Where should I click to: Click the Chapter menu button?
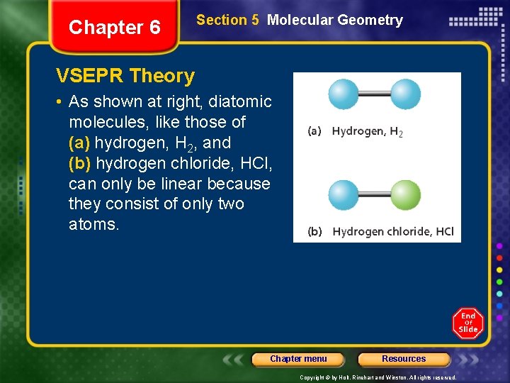[x=298, y=359]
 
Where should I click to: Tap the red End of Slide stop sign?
[x=468, y=323]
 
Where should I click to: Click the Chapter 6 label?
[x=114, y=28]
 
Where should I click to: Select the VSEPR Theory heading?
[x=125, y=76]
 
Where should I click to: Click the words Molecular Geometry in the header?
[x=335, y=21]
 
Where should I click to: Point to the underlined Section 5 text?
[x=227, y=21]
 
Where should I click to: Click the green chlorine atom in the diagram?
[x=406, y=194]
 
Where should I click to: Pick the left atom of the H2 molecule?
[x=344, y=94]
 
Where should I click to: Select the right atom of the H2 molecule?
[x=406, y=94]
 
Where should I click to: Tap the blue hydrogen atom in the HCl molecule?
[x=344, y=194]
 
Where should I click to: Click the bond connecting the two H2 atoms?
[x=375, y=94]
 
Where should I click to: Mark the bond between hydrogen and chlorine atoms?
[x=375, y=194]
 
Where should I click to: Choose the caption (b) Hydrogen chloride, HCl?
[x=380, y=232]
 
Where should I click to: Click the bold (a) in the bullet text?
[x=79, y=143]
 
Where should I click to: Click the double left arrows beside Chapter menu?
[x=234, y=359]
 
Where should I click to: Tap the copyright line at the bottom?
[x=378, y=378]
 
